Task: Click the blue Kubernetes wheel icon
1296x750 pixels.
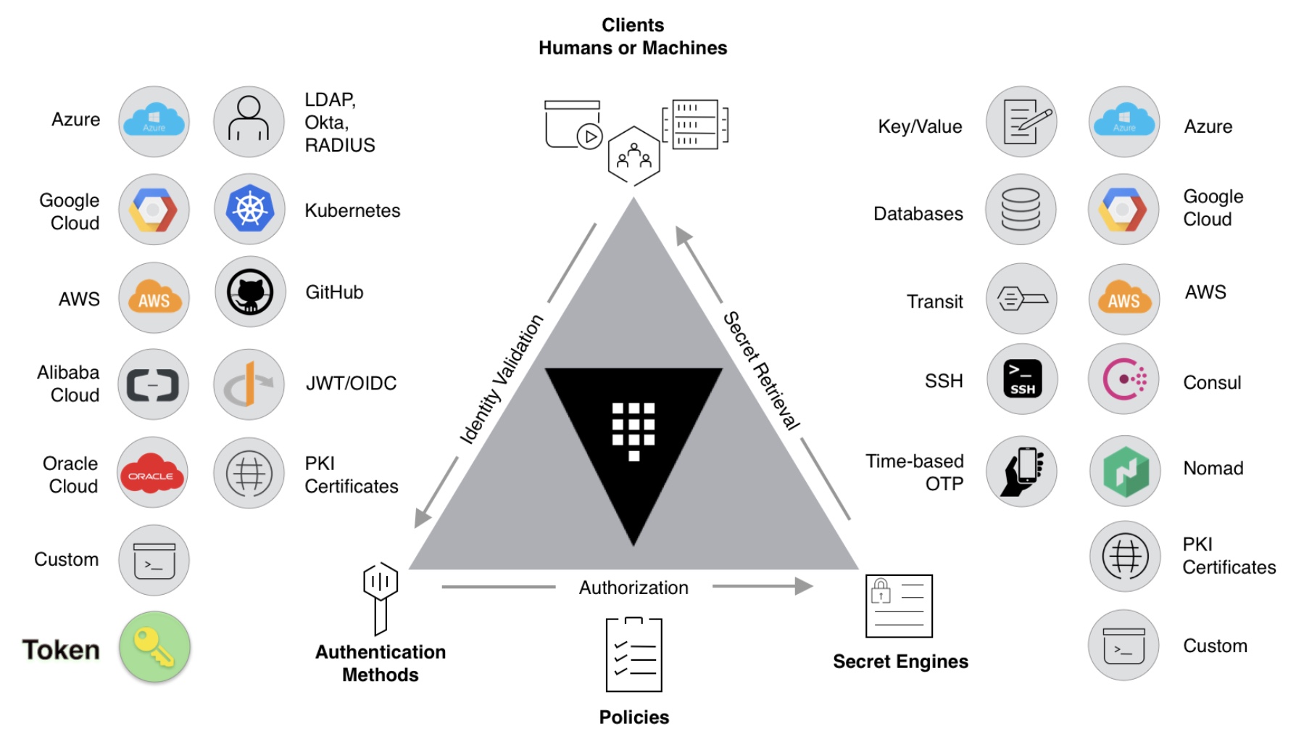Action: pyautogui.click(x=249, y=210)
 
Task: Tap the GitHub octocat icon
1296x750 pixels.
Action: pyautogui.click(x=250, y=292)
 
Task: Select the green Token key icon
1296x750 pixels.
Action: pyautogui.click(x=154, y=647)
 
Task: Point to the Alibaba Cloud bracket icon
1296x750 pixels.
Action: pyautogui.click(x=153, y=385)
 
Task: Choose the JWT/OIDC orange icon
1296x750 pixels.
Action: pyautogui.click(x=249, y=384)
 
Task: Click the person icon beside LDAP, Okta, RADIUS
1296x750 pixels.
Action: pyautogui.click(x=249, y=118)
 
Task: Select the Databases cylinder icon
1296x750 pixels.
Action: pyautogui.click(x=1021, y=209)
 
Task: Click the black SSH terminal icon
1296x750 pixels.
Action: pyautogui.click(x=1022, y=379)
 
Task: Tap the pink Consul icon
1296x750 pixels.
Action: pyautogui.click(x=1124, y=379)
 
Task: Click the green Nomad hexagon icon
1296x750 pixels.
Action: pyautogui.click(x=1126, y=471)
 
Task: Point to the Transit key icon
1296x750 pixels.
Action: pyautogui.click(x=1022, y=298)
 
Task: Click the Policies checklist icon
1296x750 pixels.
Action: pyautogui.click(x=634, y=654)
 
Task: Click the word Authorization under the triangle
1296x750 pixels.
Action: pyautogui.click(x=634, y=588)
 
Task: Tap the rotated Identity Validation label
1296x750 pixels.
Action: pyautogui.click(x=501, y=379)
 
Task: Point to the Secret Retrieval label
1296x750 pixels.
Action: pyautogui.click(x=762, y=371)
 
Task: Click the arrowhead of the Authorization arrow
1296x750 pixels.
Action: pyautogui.click(x=805, y=586)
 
